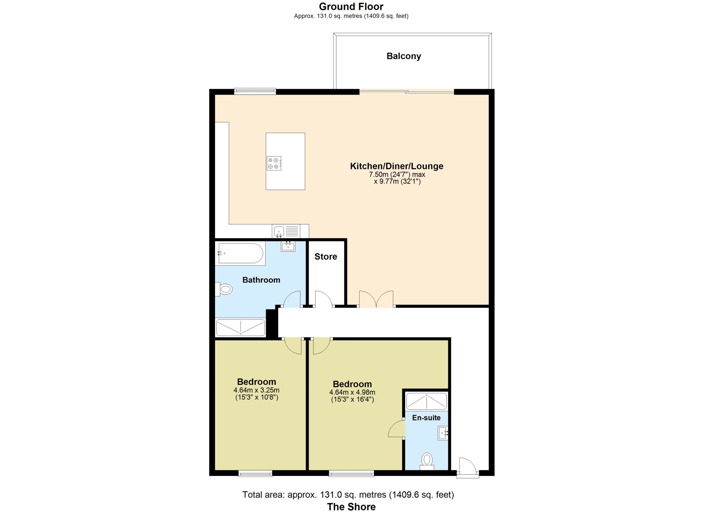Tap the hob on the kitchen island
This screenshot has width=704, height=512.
click(x=274, y=163)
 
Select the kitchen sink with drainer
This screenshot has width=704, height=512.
click(x=286, y=231)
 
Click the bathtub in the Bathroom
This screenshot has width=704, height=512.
click(x=241, y=254)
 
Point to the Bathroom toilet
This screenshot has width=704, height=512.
click(x=224, y=289)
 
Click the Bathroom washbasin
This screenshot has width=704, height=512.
click(x=288, y=246)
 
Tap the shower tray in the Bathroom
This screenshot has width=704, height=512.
click(x=241, y=327)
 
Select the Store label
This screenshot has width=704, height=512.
click(x=326, y=257)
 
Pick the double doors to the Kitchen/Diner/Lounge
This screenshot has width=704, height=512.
click(x=376, y=299)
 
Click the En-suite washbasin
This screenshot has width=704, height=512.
click(x=443, y=433)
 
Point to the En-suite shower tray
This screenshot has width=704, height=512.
click(x=427, y=401)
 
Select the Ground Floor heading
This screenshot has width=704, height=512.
click(x=351, y=7)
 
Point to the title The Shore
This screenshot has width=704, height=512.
click(x=351, y=507)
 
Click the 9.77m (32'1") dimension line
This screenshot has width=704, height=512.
click(x=397, y=181)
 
